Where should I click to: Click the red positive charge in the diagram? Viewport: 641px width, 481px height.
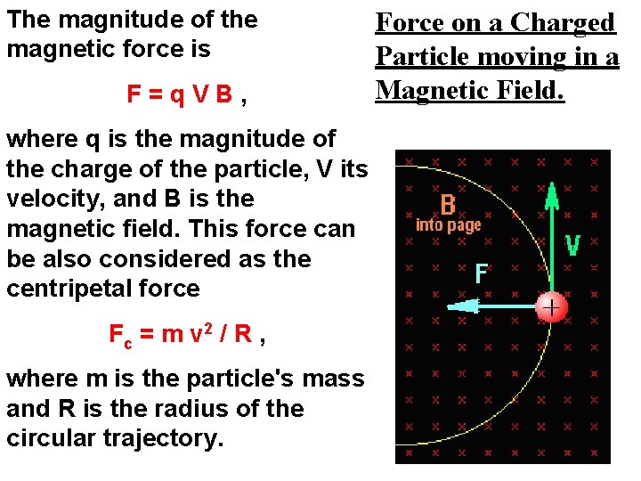[552, 307]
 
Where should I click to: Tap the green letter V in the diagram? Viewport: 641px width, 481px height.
[574, 246]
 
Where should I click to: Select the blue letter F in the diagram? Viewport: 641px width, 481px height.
[481, 273]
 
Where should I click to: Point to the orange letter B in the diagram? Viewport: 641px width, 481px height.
[448, 206]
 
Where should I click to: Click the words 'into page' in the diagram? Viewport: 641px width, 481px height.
[448, 225]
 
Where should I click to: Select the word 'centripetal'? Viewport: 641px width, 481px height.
[64, 289]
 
